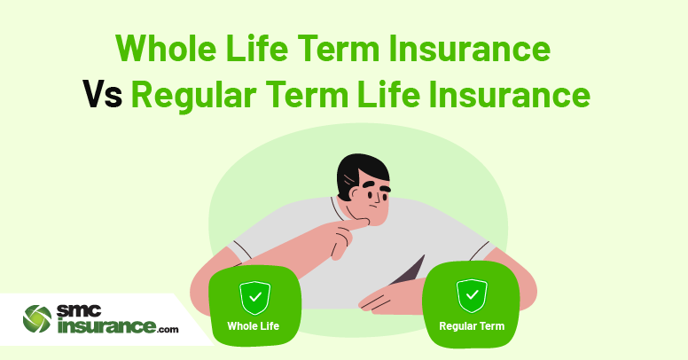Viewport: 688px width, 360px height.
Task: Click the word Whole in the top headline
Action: pyautogui.click(x=166, y=47)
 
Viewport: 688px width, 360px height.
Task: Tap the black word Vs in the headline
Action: pyautogui.click(x=102, y=95)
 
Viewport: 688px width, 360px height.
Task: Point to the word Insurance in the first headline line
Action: pyautogui.click(x=469, y=48)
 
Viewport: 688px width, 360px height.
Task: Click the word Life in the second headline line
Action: pyautogui.click(x=383, y=94)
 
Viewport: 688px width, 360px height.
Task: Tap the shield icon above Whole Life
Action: pyautogui.click(x=255, y=298)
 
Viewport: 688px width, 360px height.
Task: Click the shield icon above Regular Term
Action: pyautogui.click(x=472, y=295)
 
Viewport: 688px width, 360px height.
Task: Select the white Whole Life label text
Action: pyautogui.click(x=254, y=326)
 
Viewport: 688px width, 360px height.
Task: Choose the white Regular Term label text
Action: pyautogui.click(x=472, y=326)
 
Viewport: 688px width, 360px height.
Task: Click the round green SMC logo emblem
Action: pyautogui.click(x=37, y=318)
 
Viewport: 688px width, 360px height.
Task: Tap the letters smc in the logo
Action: pyautogui.click(x=79, y=311)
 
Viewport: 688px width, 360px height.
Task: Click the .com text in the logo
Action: pyautogui.click(x=168, y=329)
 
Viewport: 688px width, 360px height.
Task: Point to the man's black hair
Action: pyautogui.click(x=360, y=172)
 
